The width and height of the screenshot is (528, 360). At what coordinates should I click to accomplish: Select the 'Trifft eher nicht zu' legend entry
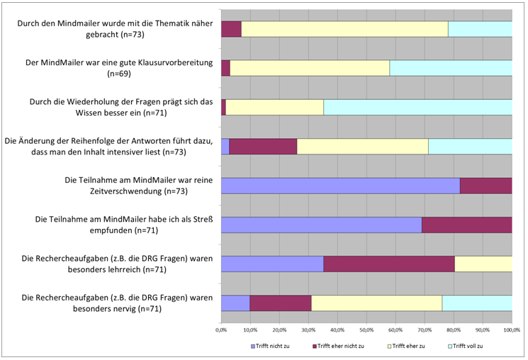tap(339, 346)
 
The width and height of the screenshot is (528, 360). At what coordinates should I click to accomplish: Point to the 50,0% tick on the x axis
tap(366, 330)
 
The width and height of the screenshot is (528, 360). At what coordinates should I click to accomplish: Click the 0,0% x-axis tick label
tap(221, 330)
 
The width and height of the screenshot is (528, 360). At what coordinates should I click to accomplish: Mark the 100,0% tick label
tap(511, 330)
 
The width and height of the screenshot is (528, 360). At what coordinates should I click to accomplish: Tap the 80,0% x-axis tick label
tap(454, 330)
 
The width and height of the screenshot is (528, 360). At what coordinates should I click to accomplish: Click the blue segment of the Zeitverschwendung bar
tap(340, 186)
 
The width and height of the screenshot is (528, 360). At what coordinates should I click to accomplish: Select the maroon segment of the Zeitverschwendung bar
tap(485, 186)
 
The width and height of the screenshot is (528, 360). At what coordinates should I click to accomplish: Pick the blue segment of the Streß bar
tap(321, 225)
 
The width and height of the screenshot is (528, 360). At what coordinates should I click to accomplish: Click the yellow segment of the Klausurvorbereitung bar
tap(310, 68)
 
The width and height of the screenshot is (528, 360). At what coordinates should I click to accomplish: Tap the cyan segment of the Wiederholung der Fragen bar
tap(417, 107)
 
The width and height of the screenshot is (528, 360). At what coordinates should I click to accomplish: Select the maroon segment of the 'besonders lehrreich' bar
tap(388, 264)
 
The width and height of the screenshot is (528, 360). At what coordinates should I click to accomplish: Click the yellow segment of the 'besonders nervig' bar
tap(376, 303)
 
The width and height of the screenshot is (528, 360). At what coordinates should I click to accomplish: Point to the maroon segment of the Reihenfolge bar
tap(263, 146)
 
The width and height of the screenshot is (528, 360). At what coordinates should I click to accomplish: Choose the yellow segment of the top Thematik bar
tap(344, 29)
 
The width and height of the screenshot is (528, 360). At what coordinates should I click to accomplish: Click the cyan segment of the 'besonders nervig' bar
tap(477, 303)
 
